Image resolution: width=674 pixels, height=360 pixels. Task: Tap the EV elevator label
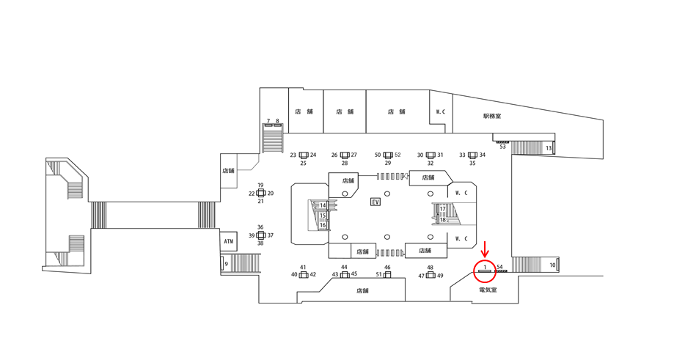[x=376, y=202]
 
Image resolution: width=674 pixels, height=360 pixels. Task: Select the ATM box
[x=227, y=240]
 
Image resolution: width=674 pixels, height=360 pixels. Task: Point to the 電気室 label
[x=488, y=290]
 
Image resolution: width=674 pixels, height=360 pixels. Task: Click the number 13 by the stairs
[x=548, y=149]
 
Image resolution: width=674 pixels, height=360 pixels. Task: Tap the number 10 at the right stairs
[x=552, y=264]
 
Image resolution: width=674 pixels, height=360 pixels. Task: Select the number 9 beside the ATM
[x=226, y=264]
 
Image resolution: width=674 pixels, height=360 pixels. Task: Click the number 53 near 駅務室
[x=502, y=147]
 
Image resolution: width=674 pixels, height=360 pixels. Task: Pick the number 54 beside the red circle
[x=499, y=267]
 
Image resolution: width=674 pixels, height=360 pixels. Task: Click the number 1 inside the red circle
[x=484, y=267]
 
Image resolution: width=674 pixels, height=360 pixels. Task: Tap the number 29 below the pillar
[x=388, y=164]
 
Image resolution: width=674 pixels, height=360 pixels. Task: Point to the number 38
[x=260, y=243]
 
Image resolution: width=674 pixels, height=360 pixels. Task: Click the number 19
[x=260, y=185]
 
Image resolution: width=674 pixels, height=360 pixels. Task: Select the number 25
[x=303, y=164]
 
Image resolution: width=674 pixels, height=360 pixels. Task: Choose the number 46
[x=387, y=268]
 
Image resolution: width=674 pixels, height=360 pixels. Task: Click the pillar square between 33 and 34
[x=472, y=155]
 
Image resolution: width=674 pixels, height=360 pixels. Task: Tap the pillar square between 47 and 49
[x=431, y=275]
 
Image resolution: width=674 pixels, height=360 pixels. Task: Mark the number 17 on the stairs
[x=443, y=209]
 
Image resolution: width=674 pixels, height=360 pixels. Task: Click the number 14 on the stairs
[x=322, y=205]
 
